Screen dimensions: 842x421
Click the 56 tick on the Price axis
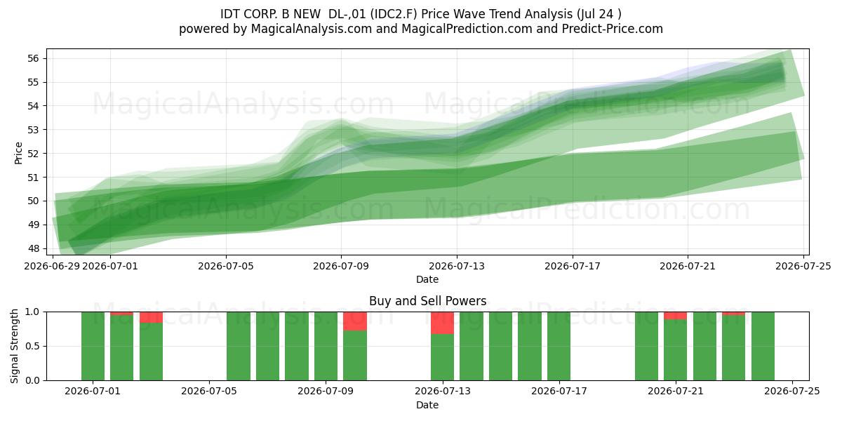[x=33, y=58]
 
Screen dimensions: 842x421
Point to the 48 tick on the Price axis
[x=33, y=248]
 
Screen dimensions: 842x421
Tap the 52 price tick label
[x=33, y=154]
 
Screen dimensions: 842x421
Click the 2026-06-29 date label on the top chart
[x=52, y=266]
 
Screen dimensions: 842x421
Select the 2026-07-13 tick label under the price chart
[x=457, y=266]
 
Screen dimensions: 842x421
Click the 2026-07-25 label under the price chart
[x=803, y=266]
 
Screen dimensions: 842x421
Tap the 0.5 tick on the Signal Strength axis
[x=32, y=346]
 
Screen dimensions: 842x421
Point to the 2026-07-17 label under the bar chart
[x=559, y=392]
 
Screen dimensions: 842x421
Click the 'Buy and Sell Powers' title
[x=427, y=301]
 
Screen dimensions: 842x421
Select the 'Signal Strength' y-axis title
[x=14, y=346]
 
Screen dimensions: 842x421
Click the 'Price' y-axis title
[x=18, y=153]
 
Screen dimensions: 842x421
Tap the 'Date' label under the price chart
[x=427, y=279]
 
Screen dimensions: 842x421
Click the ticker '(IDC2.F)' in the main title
[x=394, y=14]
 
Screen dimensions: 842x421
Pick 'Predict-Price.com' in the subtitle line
[x=613, y=29]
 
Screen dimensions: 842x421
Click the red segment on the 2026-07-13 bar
[x=443, y=323]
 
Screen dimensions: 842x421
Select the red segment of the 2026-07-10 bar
[x=355, y=321]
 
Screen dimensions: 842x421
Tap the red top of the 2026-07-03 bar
[x=151, y=317]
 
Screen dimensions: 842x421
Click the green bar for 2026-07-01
[x=93, y=346]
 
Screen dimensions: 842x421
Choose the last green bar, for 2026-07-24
[x=763, y=346]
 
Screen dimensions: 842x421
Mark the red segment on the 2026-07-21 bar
[x=676, y=316]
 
